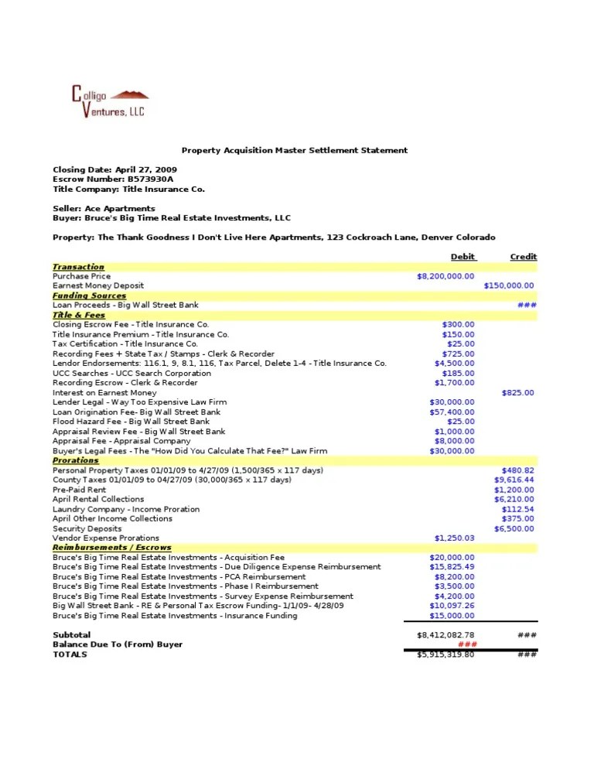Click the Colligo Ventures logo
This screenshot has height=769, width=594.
pyautogui.click(x=108, y=102)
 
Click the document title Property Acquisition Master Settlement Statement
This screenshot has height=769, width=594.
pyautogui.click(x=294, y=150)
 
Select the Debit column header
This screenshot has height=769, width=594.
pyautogui.click(x=463, y=257)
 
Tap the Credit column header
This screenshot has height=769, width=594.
pyautogui.click(x=523, y=257)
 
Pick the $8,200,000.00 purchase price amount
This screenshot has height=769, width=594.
pyautogui.click(x=445, y=276)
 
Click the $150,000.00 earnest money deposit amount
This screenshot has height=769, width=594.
pyautogui.click(x=508, y=285)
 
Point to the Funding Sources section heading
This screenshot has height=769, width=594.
pyautogui.click(x=89, y=296)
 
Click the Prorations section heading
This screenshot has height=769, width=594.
pyautogui.click(x=76, y=460)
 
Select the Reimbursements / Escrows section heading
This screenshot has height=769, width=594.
pyautogui.click(x=111, y=548)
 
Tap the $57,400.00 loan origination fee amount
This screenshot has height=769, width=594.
pyautogui.click(x=452, y=412)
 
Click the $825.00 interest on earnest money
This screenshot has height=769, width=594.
pyautogui.click(x=517, y=393)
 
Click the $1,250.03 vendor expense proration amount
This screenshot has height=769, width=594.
pyautogui.click(x=455, y=538)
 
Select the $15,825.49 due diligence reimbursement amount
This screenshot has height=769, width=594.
pyautogui.click(x=452, y=567)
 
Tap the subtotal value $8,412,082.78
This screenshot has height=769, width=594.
pyautogui.click(x=445, y=635)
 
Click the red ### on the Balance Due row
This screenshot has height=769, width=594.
pyautogui.click(x=466, y=644)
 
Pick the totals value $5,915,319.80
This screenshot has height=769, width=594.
pyautogui.click(x=445, y=655)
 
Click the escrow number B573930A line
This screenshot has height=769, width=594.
pyautogui.click(x=112, y=179)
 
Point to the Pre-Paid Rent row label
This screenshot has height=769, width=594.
pyautogui.click(x=79, y=490)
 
